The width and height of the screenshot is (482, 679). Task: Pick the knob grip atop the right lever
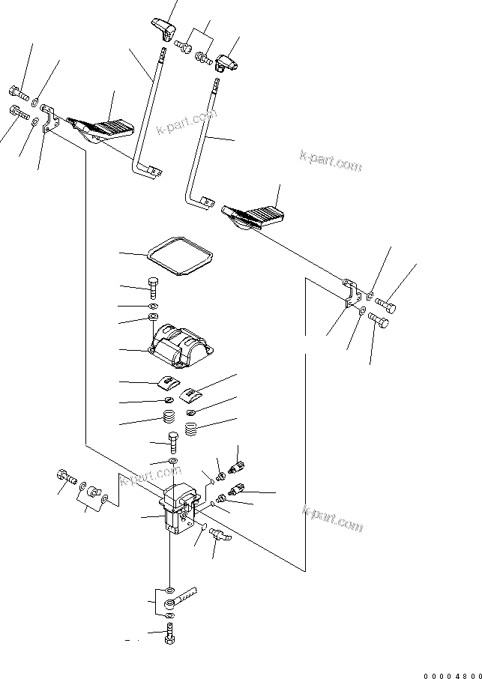click(x=226, y=64)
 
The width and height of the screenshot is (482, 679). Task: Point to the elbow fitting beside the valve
click(x=220, y=535)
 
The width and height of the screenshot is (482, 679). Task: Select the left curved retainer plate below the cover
click(x=169, y=384)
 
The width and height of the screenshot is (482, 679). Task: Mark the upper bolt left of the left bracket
click(x=19, y=94)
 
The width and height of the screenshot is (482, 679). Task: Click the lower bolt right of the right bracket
click(x=379, y=324)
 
